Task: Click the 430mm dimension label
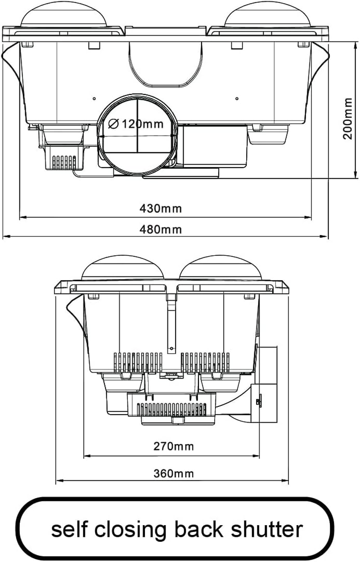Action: coord(161,209)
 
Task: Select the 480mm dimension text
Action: coord(161,229)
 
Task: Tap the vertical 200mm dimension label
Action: coord(348,119)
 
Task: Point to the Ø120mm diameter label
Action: coord(135,124)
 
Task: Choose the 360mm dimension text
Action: coord(174,474)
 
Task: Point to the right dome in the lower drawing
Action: coord(220,268)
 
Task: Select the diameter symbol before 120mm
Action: coord(113,124)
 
